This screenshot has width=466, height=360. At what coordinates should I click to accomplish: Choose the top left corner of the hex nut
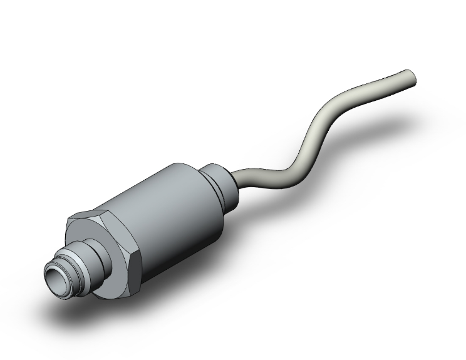(69, 219)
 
